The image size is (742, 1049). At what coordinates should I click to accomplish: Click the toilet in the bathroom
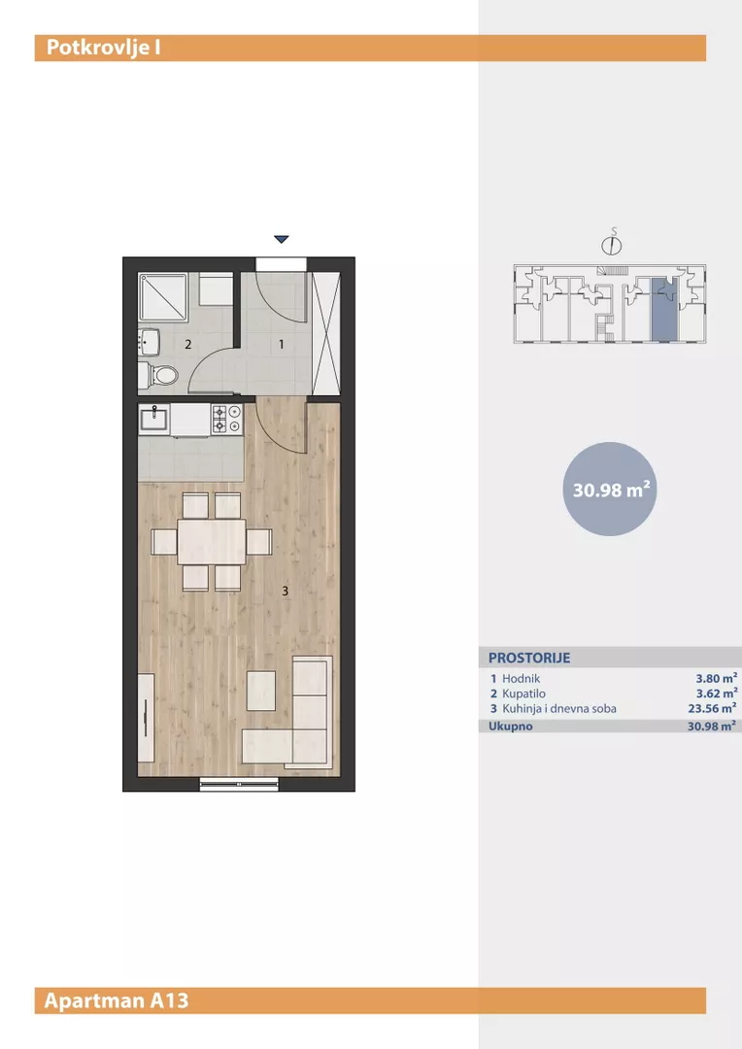point(158,375)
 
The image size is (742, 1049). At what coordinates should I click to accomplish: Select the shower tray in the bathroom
point(162,297)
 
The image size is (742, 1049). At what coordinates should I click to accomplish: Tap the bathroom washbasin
point(149,341)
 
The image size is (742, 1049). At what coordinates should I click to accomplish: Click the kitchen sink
point(154,420)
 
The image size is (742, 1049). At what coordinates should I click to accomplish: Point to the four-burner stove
point(227,420)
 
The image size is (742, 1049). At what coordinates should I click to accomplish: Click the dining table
point(212,542)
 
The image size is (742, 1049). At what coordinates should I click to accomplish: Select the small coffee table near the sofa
point(261,691)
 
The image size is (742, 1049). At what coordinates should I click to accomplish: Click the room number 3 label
point(286,591)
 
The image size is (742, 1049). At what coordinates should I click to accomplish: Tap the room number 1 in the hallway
point(281,344)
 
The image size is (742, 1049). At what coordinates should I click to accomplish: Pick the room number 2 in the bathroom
point(188,345)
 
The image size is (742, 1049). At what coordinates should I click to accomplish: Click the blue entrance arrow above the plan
point(281,239)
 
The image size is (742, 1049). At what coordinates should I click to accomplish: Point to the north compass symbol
point(611,244)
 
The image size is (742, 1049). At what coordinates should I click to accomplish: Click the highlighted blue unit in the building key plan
point(664,309)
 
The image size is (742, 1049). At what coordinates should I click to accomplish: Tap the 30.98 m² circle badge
point(610,489)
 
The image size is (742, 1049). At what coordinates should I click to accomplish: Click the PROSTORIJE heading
point(529,658)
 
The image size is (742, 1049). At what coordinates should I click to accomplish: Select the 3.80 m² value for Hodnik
point(717,678)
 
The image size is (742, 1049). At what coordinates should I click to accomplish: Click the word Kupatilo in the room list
point(523,694)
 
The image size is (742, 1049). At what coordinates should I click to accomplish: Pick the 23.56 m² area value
point(713,708)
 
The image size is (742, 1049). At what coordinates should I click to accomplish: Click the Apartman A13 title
point(117,1000)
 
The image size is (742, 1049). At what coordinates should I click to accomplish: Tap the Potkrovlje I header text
point(103,49)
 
